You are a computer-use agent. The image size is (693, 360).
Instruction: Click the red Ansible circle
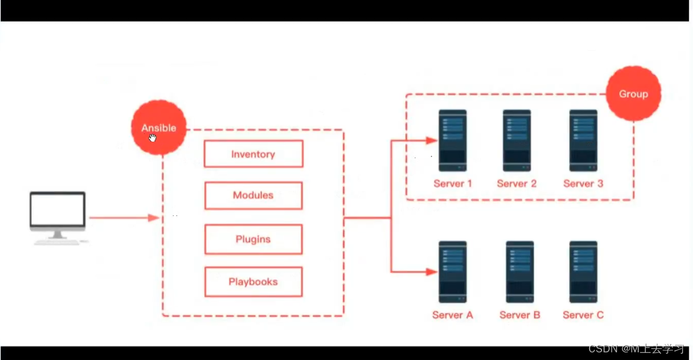[159, 127]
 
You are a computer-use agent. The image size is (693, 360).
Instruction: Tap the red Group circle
[633, 94]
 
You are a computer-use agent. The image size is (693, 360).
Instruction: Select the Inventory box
[253, 154]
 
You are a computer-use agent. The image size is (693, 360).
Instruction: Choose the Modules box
[253, 195]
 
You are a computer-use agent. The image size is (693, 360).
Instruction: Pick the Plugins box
[253, 239]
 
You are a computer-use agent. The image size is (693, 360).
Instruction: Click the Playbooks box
[253, 282]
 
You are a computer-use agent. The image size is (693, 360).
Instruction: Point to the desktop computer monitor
[58, 211]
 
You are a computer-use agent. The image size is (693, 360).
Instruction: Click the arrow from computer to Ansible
[124, 218]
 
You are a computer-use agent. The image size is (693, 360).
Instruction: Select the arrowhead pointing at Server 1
[432, 140]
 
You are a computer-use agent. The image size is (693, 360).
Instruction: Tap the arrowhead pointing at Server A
[432, 272]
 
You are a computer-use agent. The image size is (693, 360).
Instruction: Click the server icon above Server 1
[453, 140]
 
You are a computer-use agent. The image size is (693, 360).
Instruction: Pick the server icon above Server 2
[517, 140]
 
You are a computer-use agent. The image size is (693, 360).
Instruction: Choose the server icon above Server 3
[583, 140]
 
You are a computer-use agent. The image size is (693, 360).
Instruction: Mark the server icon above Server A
[453, 272]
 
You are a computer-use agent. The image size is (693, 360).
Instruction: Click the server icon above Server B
[519, 272]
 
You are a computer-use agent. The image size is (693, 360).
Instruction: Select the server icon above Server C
[583, 272]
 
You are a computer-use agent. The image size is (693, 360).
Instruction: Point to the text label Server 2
[517, 184]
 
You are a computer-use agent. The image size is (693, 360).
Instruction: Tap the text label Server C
[583, 315]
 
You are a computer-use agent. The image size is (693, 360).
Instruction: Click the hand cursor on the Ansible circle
[152, 138]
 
